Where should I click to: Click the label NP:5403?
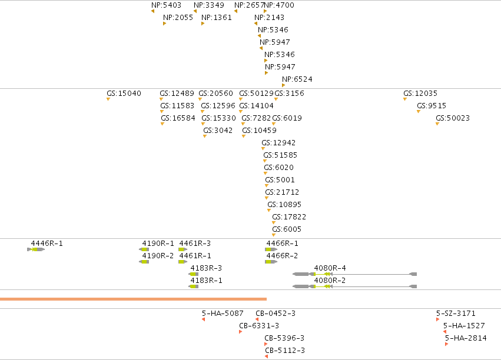[x=166, y=5]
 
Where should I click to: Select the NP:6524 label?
[x=297, y=79]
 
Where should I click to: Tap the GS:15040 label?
[x=124, y=93]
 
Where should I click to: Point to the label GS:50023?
[x=453, y=118]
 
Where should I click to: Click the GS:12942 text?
[x=278, y=143]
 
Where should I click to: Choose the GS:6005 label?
[x=287, y=229]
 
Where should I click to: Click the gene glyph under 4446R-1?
[x=36, y=249]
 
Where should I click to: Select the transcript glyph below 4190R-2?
[x=144, y=262]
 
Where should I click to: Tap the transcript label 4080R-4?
[x=330, y=268]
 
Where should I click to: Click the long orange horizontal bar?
[x=133, y=299]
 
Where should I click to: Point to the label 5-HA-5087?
[x=223, y=314]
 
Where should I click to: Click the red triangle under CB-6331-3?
[x=240, y=332]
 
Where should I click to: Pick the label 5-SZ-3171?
[x=456, y=314]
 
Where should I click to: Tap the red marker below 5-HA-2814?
[x=446, y=344]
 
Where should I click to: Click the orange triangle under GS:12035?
[x=405, y=99]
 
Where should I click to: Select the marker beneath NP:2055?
[x=165, y=24]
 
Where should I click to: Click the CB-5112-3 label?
[x=285, y=351]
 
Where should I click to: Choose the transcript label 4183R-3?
[x=206, y=268]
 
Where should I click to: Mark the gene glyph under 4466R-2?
[x=271, y=262]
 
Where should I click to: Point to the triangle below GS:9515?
[x=418, y=112]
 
